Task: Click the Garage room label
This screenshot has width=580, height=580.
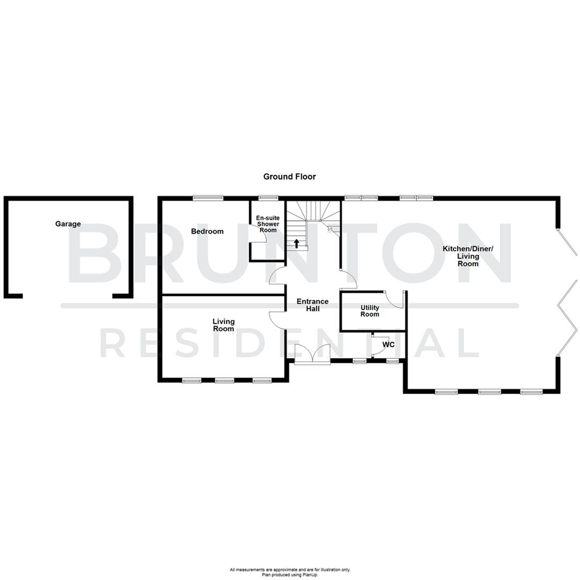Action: tap(68, 224)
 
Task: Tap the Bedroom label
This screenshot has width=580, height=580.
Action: tap(207, 231)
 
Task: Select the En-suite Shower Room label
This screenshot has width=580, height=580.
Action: tap(267, 224)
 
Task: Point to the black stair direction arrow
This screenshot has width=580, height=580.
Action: tap(296, 243)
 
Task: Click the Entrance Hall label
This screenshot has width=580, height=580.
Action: tap(313, 305)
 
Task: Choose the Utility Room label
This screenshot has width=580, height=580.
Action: tap(369, 311)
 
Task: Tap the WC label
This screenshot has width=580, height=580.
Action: tap(388, 345)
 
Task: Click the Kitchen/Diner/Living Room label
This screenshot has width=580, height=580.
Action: tap(468, 256)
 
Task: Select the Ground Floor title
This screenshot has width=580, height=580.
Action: tap(289, 176)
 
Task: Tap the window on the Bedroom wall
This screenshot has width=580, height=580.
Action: tap(208, 198)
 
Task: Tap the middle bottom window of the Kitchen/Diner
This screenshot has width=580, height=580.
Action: tap(489, 392)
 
